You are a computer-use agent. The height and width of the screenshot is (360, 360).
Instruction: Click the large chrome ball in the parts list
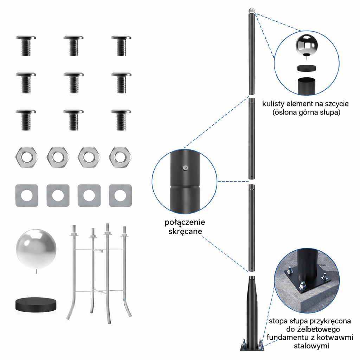click(x=36, y=249)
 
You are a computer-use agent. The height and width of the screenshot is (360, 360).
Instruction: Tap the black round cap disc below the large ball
click(x=36, y=305)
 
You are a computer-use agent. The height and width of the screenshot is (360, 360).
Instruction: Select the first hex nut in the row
click(x=27, y=157)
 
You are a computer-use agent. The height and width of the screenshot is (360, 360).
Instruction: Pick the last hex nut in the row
click(x=120, y=157)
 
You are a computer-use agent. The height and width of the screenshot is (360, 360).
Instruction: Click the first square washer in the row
click(x=27, y=195)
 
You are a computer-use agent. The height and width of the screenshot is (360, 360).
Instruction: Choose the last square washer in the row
click(x=120, y=195)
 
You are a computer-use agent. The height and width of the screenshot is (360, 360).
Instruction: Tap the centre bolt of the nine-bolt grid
click(x=73, y=83)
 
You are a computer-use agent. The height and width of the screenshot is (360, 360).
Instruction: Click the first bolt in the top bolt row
click(x=26, y=46)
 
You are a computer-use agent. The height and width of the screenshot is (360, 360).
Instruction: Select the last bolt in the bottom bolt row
click(x=121, y=120)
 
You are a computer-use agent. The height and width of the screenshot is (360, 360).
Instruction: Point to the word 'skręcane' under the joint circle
click(x=185, y=231)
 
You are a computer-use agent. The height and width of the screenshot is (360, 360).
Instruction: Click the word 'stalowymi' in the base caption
click(x=311, y=346)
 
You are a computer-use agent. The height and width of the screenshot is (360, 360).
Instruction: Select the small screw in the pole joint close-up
click(x=186, y=168)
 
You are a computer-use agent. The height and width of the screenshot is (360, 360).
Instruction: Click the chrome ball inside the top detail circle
click(x=307, y=45)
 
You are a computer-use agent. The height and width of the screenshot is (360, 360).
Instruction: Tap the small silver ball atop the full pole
click(x=252, y=10)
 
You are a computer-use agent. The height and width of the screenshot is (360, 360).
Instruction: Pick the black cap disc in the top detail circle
click(x=307, y=69)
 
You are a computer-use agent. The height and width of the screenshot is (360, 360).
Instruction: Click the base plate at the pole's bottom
click(x=252, y=347)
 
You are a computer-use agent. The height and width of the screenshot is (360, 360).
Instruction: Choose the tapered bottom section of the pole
click(x=252, y=310)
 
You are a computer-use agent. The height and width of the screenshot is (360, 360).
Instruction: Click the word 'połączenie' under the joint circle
click(x=185, y=222)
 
